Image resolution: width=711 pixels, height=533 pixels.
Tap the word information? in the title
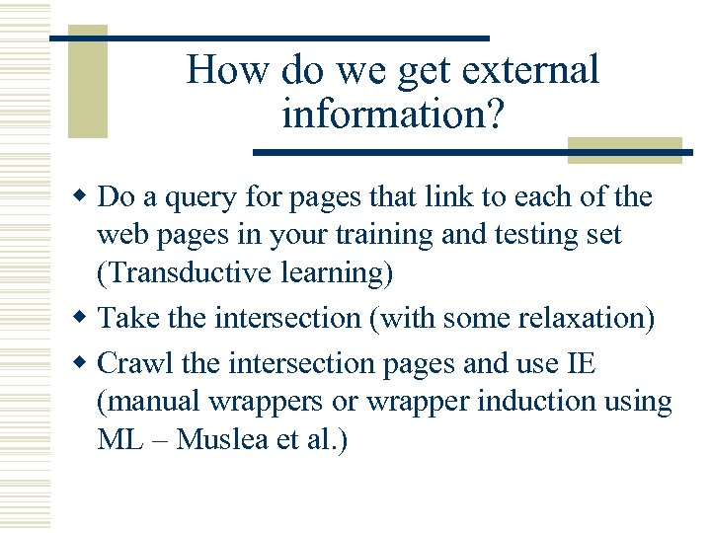(393, 115)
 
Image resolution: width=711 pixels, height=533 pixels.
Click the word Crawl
(137, 363)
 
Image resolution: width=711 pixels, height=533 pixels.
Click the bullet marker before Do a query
(85, 198)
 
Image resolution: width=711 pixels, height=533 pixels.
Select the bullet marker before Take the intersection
(85, 320)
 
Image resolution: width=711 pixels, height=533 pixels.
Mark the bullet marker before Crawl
(85, 364)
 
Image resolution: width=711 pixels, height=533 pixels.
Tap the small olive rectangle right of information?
(624, 150)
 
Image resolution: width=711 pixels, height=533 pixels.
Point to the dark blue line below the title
(464, 153)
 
